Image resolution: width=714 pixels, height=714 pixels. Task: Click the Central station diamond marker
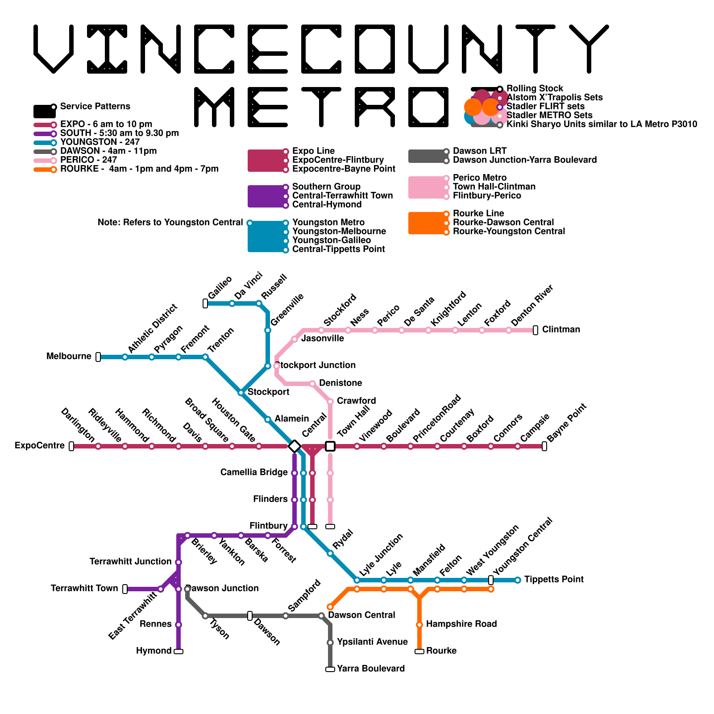click(x=294, y=446)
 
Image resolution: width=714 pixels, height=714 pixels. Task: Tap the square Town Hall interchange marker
click(x=330, y=446)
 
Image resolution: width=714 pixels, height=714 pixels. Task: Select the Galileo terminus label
click(x=220, y=288)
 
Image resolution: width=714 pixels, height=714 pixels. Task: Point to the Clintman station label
click(x=561, y=330)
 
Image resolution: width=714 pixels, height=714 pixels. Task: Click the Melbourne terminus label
click(x=69, y=357)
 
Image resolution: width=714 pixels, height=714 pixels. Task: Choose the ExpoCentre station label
click(x=40, y=446)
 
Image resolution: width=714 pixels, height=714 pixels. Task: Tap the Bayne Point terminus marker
click(x=544, y=446)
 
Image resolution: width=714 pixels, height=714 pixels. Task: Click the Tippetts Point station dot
click(x=518, y=580)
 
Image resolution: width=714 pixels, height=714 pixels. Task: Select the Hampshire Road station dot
click(x=419, y=625)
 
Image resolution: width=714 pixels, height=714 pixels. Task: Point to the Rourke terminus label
click(x=441, y=651)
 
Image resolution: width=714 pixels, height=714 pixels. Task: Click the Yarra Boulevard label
click(x=371, y=669)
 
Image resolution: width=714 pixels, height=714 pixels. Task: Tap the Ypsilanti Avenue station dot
click(x=330, y=643)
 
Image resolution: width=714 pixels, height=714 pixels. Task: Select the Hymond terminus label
click(x=154, y=651)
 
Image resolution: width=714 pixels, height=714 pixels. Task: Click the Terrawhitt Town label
click(x=84, y=589)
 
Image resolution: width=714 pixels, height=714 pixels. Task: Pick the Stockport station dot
click(x=241, y=393)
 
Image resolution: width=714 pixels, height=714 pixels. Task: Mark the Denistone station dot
click(x=312, y=384)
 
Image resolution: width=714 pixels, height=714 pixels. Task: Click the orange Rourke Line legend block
click(x=427, y=223)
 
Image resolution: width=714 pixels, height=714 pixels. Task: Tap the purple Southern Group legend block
click(x=266, y=196)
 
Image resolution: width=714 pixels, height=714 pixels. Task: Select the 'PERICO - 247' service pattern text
click(x=88, y=160)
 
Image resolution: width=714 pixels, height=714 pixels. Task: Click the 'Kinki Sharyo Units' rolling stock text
click(x=602, y=125)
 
